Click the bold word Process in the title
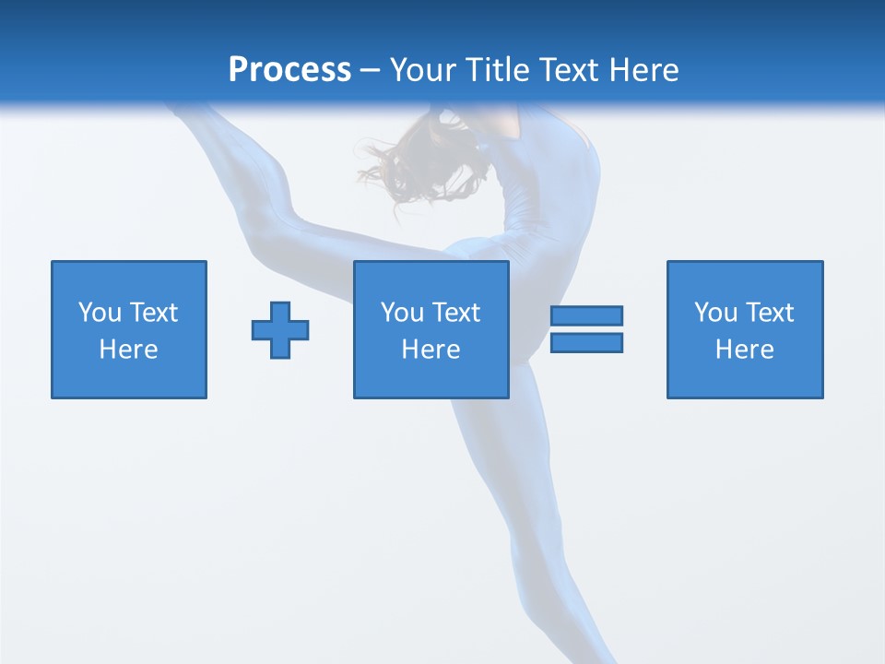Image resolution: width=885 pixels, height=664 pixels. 289,70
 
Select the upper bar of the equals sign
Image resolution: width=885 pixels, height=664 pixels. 586,316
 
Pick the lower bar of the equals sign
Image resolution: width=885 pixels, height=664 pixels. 586,342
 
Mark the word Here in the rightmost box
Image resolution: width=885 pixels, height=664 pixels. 745,350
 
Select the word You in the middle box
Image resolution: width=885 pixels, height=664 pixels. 402,313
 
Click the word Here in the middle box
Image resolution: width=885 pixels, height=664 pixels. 431,350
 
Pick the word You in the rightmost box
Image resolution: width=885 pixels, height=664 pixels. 715,313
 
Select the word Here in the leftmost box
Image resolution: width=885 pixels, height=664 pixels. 129,350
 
